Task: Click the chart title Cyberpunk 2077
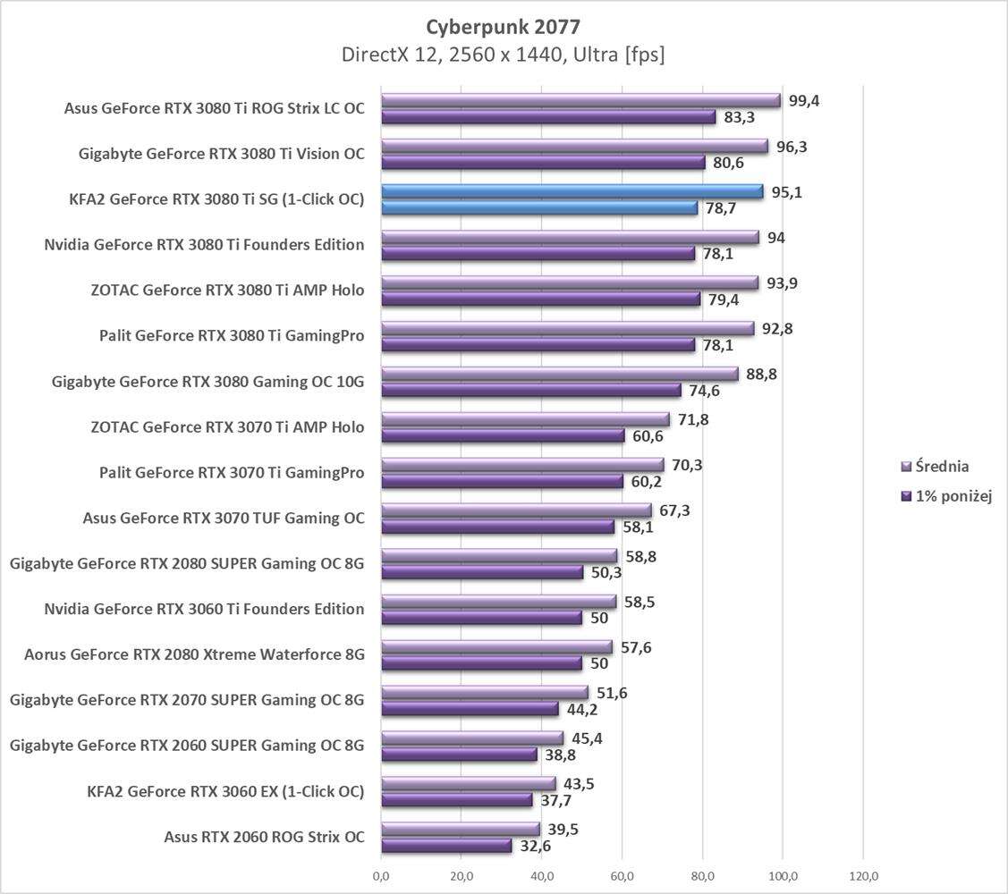coord(503,25)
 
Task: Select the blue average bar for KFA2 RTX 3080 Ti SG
coord(572,191)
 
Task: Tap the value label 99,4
coord(803,100)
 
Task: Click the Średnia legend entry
coord(935,466)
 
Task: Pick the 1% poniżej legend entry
coord(946,495)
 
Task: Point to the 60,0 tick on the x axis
coord(623,875)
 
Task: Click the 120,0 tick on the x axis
coord(863,875)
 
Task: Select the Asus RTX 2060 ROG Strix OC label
coord(264,838)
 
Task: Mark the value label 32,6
coord(535,846)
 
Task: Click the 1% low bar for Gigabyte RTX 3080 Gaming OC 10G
coord(531,390)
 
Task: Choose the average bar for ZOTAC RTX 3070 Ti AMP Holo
coord(525,419)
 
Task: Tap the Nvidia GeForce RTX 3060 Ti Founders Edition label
coord(204,610)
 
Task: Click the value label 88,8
coord(760,374)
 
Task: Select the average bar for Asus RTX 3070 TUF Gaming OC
coord(516,510)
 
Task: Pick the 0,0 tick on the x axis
coord(382,875)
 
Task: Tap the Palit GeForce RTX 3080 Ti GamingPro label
coord(232,336)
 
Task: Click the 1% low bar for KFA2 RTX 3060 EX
coord(457,800)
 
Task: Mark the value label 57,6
coord(634,647)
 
